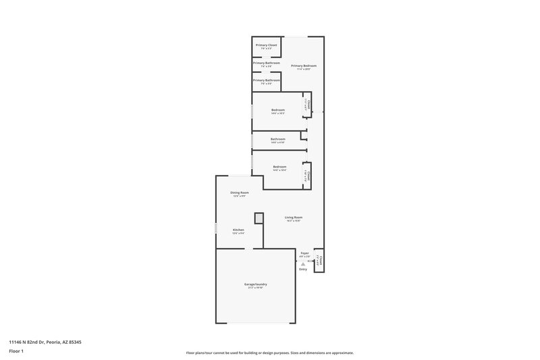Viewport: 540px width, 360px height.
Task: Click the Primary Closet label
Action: tap(267, 45)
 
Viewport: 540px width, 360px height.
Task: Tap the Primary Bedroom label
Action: tap(304, 66)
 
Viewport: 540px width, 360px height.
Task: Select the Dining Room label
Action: tap(240, 193)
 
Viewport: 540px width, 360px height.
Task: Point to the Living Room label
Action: tap(293, 217)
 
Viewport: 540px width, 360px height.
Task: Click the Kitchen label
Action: tap(238, 230)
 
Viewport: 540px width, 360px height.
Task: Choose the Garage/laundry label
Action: tap(256, 285)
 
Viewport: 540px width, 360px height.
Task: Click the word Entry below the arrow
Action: tap(303, 269)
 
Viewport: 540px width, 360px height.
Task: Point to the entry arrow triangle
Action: tap(303, 264)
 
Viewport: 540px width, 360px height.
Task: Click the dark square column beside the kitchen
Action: tap(258, 218)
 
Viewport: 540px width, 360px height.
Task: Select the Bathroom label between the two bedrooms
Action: tap(278, 139)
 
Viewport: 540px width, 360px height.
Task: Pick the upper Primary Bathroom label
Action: tap(267, 63)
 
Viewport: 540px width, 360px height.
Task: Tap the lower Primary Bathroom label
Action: tap(267, 80)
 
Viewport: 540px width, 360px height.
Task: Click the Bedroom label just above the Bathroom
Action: tap(278, 110)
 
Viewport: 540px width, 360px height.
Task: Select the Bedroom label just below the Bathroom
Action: tap(279, 167)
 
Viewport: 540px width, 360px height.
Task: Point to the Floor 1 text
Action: tap(16, 351)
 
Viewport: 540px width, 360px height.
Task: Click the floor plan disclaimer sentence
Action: tap(269, 353)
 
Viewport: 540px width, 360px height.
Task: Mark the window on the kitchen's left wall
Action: tap(216, 230)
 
